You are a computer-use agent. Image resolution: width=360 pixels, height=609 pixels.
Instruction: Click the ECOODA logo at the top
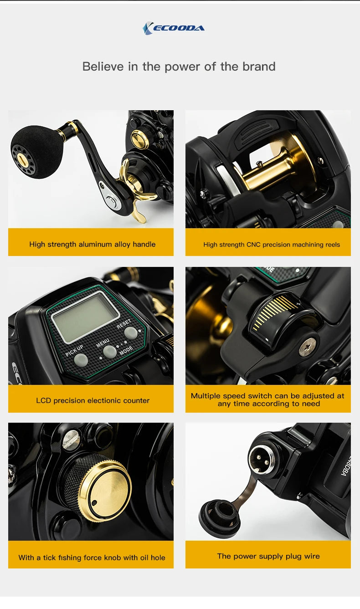click(174, 28)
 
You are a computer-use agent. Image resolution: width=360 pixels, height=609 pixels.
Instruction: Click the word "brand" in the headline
click(258, 67)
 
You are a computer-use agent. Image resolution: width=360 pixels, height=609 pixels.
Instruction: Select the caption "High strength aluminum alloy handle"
click(92, 245)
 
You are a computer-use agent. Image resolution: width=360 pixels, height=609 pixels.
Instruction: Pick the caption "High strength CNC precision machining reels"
click(272, 245)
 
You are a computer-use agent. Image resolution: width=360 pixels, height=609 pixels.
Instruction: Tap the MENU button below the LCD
click(109, 351)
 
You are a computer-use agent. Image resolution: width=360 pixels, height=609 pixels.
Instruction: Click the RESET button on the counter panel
click(130, 333)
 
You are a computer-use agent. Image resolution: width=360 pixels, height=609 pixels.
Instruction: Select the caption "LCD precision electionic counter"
click(93, 401)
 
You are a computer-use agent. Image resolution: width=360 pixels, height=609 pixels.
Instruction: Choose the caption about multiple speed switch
click(268, 400)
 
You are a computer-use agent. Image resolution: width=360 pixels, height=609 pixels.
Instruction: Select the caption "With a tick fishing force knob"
click(92, 558)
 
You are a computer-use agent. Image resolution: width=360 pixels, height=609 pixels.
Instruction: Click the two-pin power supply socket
click(261, 459)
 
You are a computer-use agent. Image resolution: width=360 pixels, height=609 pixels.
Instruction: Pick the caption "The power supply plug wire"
click(268, 556)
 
